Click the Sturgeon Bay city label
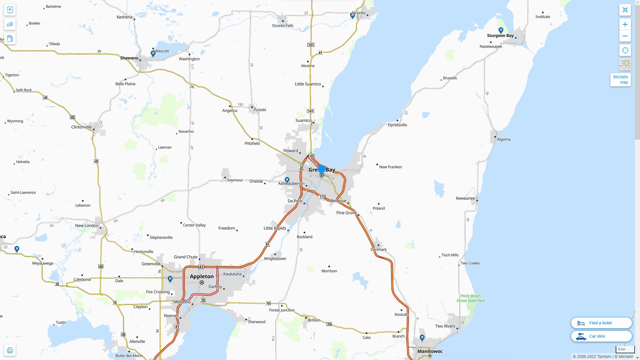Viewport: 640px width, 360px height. click(500, 36)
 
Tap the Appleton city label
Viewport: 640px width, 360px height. click(202, 276)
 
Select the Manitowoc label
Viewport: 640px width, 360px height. click(430, 351)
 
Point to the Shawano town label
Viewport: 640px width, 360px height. click(129, 58)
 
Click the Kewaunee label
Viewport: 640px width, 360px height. click(465, 198)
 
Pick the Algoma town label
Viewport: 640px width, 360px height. click(503, 139)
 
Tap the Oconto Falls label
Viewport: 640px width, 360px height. click(282, 26)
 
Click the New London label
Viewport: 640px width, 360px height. click(87, 226)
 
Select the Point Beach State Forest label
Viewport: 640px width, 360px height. click(471, 298)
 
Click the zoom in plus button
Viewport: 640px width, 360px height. click(625, 24)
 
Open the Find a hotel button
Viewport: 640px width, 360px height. click(601, 323)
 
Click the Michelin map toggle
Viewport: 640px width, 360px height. click(620, 80)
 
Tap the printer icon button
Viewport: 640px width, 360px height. click(10, 350)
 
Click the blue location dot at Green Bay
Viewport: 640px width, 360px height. click(322, 169)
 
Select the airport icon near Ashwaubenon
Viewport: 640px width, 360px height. click(287, 179)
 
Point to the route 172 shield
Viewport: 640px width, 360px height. click(322, 197)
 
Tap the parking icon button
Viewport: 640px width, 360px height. click(10, 10)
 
